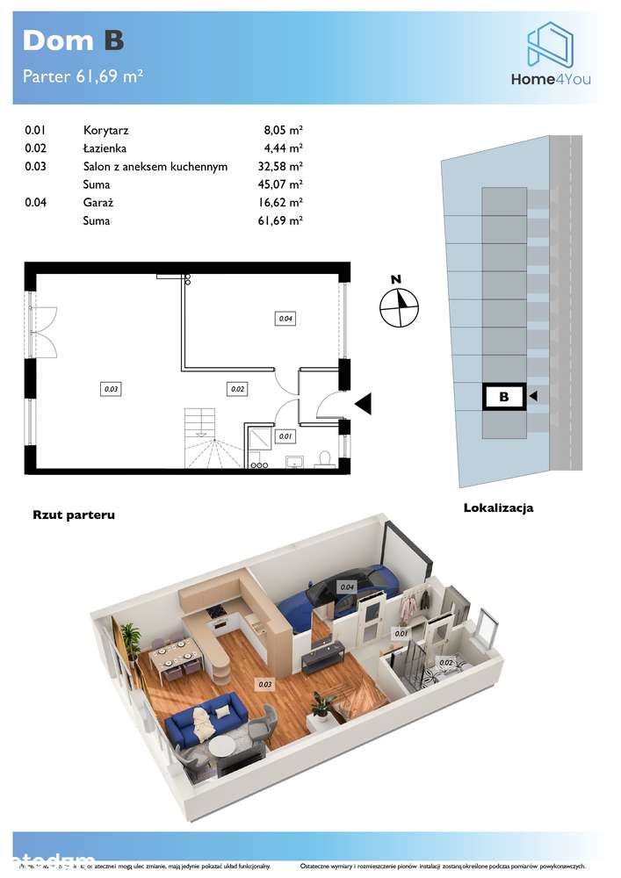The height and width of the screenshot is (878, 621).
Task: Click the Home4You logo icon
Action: coord(550,45)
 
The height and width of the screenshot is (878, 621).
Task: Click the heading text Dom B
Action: coord(73,40)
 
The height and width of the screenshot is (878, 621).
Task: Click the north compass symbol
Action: coord(399,306)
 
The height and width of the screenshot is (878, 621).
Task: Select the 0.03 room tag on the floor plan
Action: coord(111,387)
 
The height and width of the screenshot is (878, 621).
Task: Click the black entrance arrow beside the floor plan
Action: coord(363,403)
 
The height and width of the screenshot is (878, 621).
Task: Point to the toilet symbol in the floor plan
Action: coord(322,458)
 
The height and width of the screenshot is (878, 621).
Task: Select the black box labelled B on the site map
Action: coord(503,397)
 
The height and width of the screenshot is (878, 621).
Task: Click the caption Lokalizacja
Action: coord(498,507)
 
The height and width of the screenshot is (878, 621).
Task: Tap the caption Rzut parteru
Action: coord(74,515)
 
